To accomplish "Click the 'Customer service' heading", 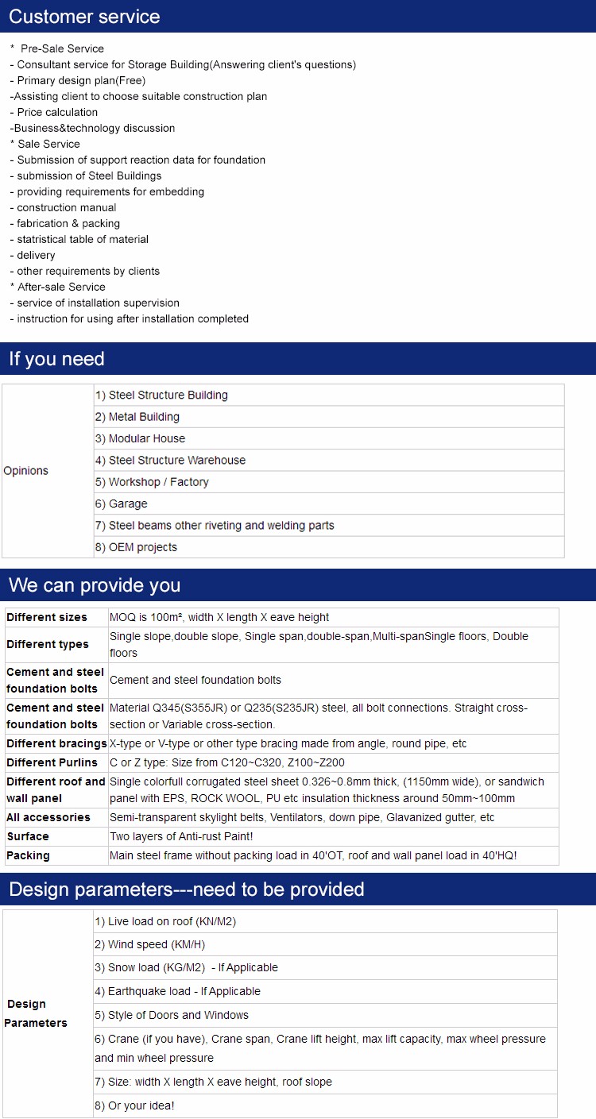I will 84,17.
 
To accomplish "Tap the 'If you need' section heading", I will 57,359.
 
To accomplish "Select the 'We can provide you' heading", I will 95,585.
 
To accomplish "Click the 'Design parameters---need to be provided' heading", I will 187,889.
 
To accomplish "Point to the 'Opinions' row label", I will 26,471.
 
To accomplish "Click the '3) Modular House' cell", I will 147,438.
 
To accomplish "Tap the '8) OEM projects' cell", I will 136,547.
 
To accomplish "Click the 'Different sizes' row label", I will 47,617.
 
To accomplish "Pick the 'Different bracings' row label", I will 56,743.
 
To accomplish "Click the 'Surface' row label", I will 28,836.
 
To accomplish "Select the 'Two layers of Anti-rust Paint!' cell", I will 181,836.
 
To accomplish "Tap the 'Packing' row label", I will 28,855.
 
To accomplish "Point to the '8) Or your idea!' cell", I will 134,1105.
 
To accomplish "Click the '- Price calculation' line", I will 54,112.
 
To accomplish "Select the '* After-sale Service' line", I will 57,287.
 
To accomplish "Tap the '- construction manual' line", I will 63,207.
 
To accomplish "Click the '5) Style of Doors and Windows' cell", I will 172,1015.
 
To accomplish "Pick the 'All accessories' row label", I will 48,817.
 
